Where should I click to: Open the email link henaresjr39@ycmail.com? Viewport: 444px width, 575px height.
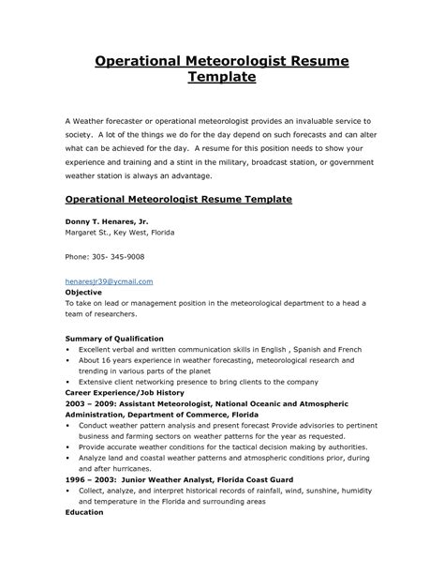[108, 280]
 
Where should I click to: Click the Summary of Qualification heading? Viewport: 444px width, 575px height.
[114, 337]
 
